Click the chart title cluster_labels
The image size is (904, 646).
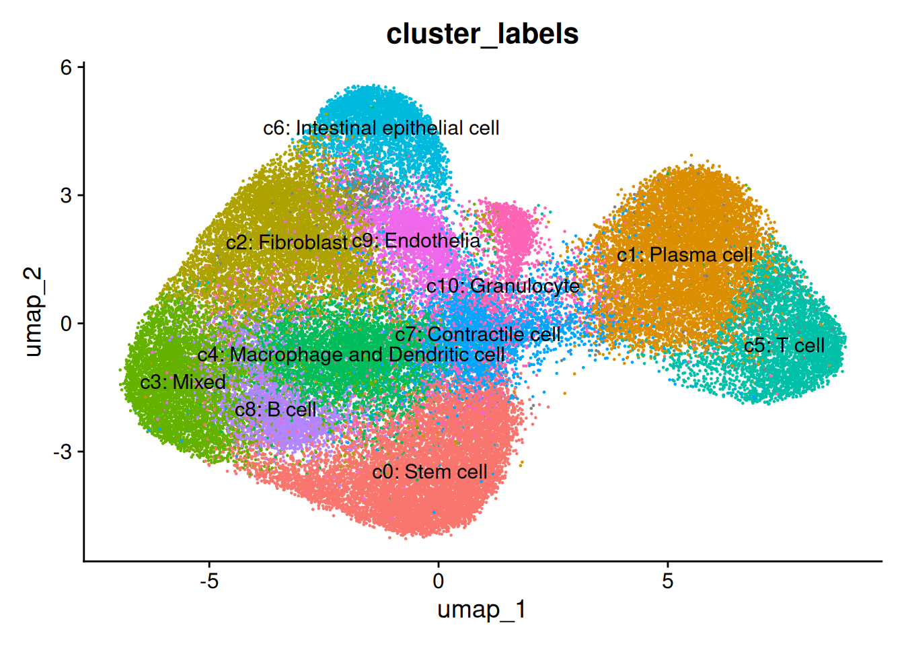coord(482,34)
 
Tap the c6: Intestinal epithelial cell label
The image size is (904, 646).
coord(381,128)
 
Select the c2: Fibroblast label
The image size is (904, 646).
coord(287,242)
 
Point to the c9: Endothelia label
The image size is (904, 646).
coord(416,241)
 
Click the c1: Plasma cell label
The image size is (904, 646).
coord(685,255)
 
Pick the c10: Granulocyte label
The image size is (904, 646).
coord(503,286)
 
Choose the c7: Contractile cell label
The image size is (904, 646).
coord(478,334)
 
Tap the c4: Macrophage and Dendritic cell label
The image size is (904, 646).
coord(351,355)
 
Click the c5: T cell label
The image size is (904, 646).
coord(784,346)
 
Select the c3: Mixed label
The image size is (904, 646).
coord(183,382)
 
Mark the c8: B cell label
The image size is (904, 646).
coord(276,409)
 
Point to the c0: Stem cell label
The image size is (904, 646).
coord(430,472)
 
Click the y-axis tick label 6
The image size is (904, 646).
coord(67,67)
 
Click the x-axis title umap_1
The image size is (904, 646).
coord(482,610)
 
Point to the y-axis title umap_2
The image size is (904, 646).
coord(34,312)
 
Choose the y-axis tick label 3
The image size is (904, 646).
coord(67,196)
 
